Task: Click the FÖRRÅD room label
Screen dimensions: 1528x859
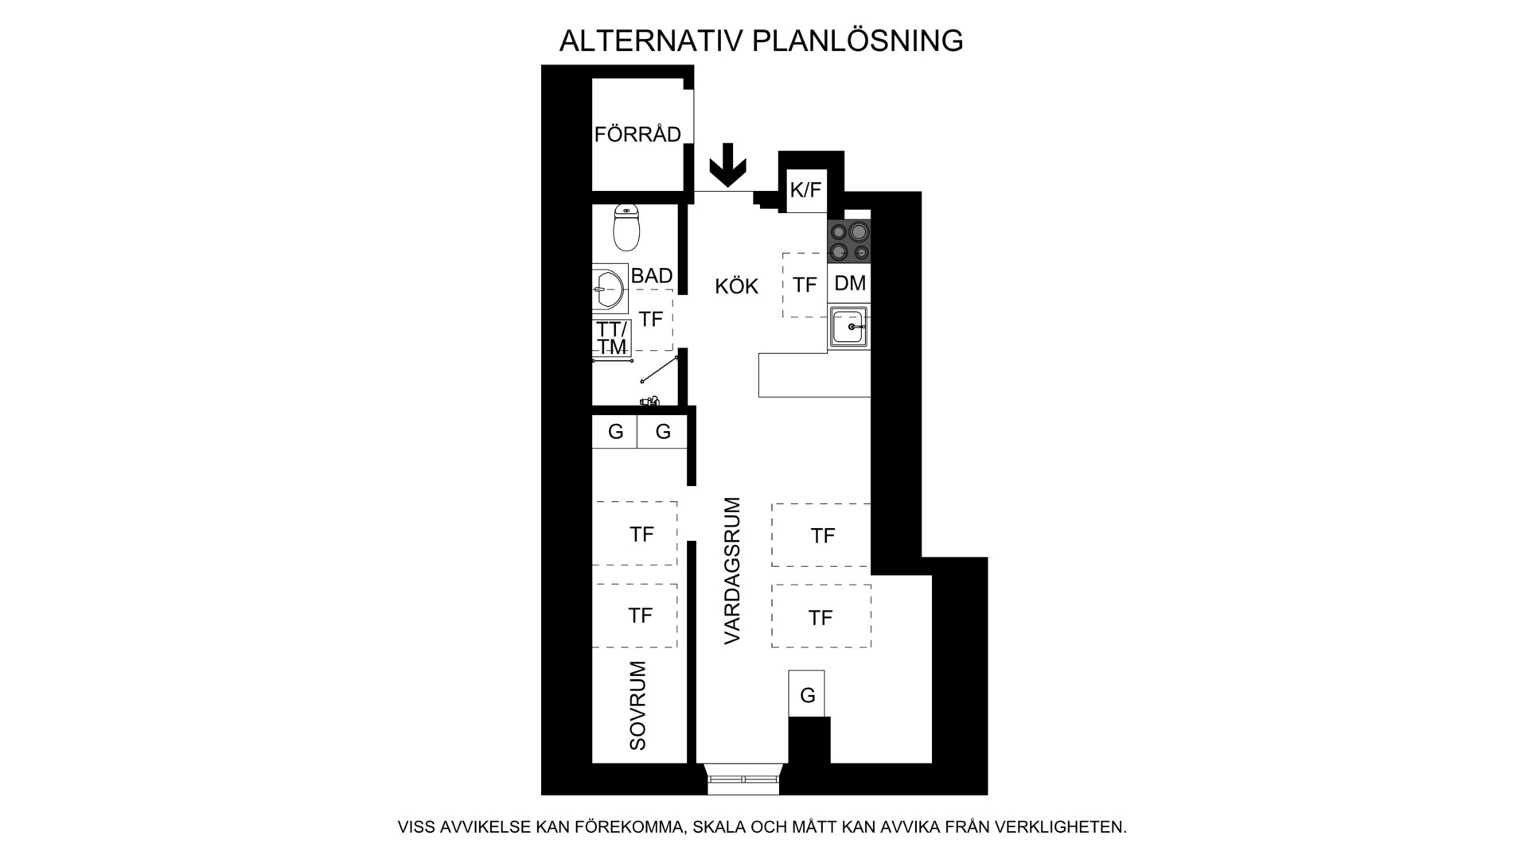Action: coord(637,134)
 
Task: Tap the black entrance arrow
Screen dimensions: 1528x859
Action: coord(727,165)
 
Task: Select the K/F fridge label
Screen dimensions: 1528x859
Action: coord(805,191)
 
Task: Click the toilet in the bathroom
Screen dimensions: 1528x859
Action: coord(627,227)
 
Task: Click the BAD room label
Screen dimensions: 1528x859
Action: coord(652,276)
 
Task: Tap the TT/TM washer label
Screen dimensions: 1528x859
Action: coord(613,338)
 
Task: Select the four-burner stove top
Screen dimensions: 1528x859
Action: coord(848,242)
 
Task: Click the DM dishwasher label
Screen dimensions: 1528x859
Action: coord(850,283)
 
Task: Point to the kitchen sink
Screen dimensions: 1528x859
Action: coord(849,326)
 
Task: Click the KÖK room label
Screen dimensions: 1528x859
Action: coord(737,286)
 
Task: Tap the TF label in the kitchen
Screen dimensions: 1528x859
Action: coord(805,285)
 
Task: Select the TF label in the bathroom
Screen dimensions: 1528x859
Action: coord(651,319)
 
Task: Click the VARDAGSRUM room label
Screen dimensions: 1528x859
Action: coord(733,570)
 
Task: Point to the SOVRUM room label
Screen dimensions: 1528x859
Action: coord(638,705)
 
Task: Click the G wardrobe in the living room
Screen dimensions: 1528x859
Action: coord(807,694)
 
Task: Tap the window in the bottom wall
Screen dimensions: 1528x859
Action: coord(743,779)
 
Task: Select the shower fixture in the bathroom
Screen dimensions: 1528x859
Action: coord(650,402)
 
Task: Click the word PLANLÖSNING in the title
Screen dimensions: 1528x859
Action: coord(858,40)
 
